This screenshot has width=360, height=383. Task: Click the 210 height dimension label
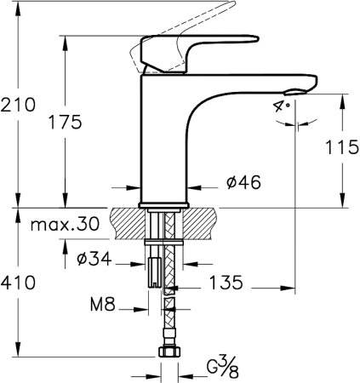click(18, 106)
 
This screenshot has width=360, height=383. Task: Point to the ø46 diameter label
click(243, 182)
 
